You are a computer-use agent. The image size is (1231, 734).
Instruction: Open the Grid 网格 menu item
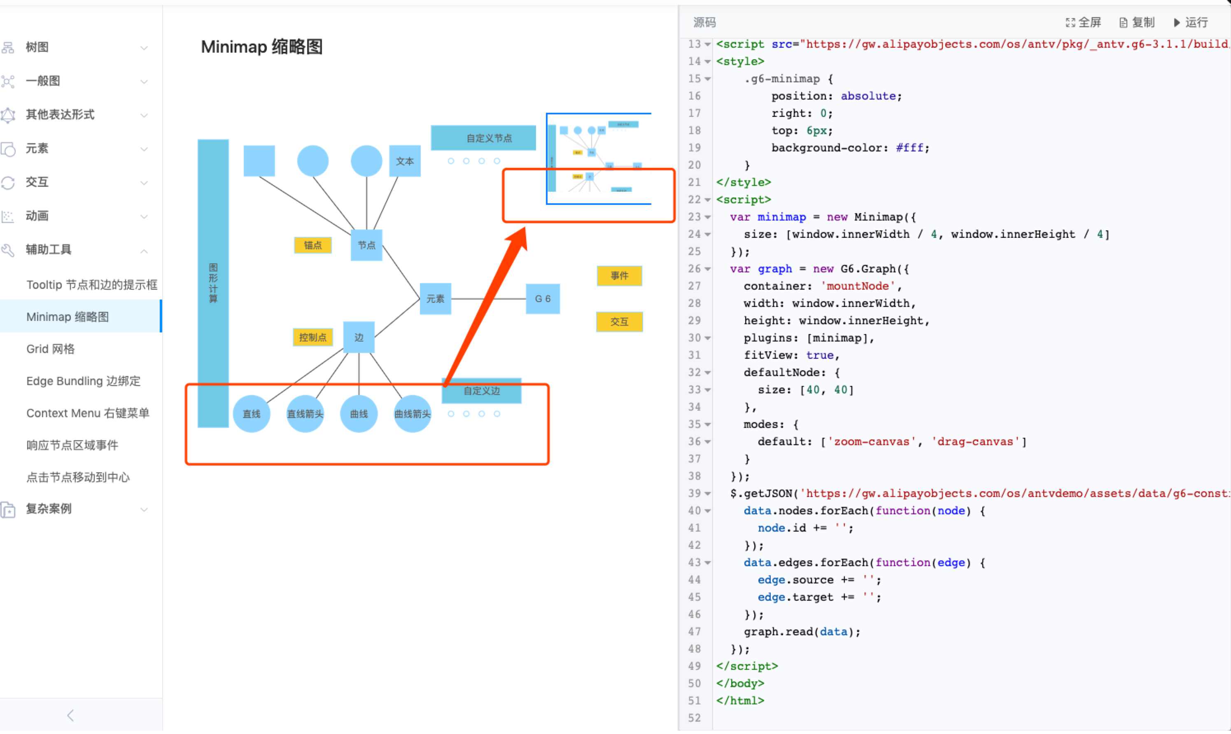click(51, 349)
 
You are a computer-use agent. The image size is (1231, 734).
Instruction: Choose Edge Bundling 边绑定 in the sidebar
click(83, 381)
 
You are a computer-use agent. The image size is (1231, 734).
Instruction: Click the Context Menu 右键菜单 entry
click(88, 413)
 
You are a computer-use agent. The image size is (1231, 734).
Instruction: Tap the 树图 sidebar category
click(37, 47)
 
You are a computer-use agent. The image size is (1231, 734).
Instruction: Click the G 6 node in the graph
click(542, 299)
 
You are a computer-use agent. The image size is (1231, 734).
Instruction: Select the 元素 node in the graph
click(436, 299)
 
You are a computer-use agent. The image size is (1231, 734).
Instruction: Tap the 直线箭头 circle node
click(305, 414)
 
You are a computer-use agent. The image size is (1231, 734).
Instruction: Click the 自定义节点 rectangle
click(483, 138)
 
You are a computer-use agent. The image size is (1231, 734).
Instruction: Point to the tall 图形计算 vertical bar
click(213, 283)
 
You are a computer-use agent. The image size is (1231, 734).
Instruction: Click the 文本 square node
click(405, 161)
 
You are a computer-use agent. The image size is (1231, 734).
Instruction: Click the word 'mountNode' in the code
click(858, 286)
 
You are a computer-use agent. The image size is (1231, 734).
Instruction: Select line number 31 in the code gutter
click(694, 355)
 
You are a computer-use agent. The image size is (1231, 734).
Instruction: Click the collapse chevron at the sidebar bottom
click(70, 715)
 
